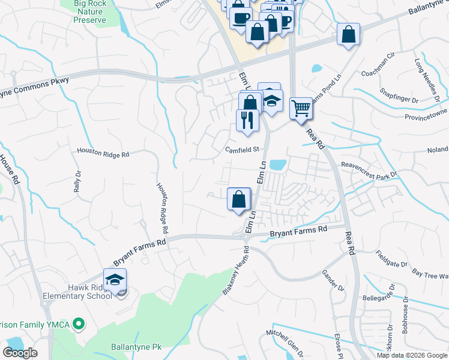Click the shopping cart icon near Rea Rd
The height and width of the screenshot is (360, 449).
click(x=301, y=109)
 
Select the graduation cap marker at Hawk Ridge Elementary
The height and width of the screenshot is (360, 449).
click(x=115, y=280)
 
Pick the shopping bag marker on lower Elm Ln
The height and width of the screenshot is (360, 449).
click(x=239, y=199)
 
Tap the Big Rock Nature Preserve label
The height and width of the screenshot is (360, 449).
click(x=89, y=12)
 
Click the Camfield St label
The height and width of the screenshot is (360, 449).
click(x=241, y=149)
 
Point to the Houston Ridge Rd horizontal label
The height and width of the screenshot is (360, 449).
click(x=103, y=154)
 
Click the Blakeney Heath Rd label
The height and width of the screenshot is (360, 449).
click(x=235, y=273)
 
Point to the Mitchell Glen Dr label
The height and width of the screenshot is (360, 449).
click(x=286, y=342)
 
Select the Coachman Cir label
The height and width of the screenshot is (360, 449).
click(x=378, y=66)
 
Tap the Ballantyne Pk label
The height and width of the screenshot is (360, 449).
click(x=137, y=347)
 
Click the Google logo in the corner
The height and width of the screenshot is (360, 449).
click(x=20, y=353)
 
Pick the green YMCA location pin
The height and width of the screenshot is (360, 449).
click(x=77, y=325)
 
